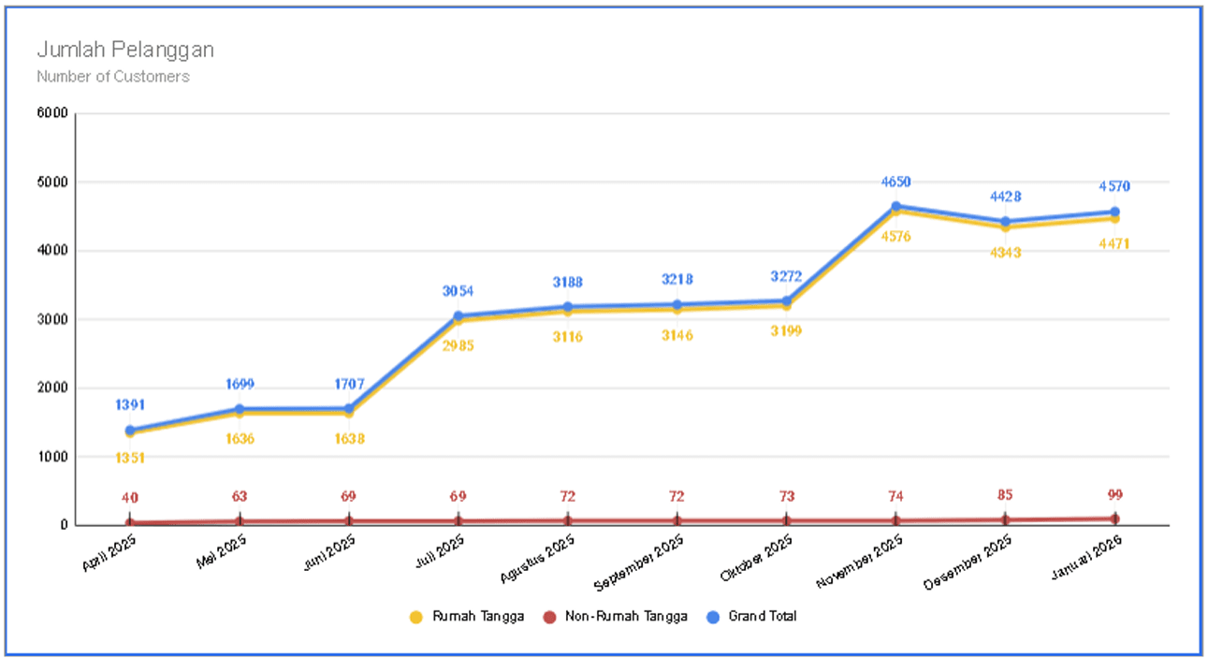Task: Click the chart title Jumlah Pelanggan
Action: [x=125, y=50]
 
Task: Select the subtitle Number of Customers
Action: [x=113, y=77]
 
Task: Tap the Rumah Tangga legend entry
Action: [x=468, y=616]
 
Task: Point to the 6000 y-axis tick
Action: [x=53, y=113]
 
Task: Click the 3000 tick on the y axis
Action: [x=53, y=319]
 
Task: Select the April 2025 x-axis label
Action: [x=110, y=554]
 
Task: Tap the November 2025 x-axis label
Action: [x=861, y=561]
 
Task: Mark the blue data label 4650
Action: [x=895, y=182]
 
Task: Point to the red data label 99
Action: [x=1114, y=495]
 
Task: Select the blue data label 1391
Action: [x=130, y=404]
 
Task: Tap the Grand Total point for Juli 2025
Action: [x=458, y=316]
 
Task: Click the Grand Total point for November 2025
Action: [x=895, y=206]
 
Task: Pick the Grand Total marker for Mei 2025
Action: [x=240, y=409]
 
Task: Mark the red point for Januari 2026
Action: [x=1114, y=519]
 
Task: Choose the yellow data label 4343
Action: [x=1005, y=253]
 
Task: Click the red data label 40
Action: [x=130, y=497]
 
